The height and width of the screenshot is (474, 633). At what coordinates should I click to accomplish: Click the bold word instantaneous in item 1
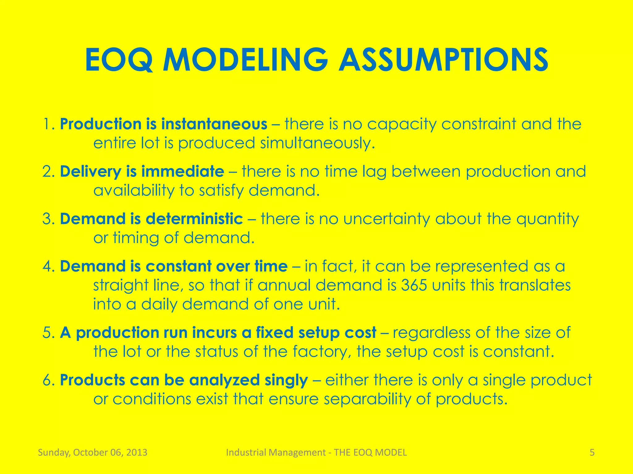[214, 124]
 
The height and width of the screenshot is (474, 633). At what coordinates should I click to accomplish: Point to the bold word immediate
[182, 172]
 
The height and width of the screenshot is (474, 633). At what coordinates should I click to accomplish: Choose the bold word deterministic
[194, 219]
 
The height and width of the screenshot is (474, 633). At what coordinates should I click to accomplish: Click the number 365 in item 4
[414, 285]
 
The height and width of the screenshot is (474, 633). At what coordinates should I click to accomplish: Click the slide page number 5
[592, 452]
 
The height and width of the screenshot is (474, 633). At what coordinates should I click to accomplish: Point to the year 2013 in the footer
[137, 452]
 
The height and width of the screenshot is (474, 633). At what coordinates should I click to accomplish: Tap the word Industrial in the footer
[246, 452]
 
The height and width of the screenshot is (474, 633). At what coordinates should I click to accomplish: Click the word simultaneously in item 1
[317, 143]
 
